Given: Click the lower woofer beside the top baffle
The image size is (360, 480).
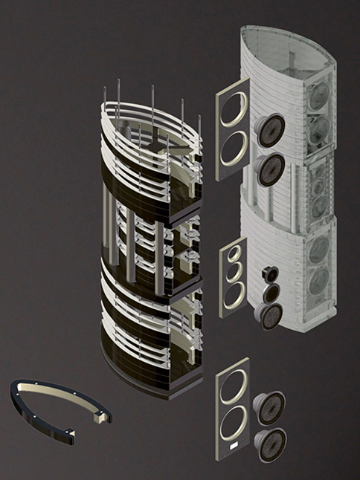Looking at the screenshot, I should pos(269,169).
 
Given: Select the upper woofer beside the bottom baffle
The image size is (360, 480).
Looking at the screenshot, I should pos(269,407).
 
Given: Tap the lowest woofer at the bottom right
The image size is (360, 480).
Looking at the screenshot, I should pos(270,444).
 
